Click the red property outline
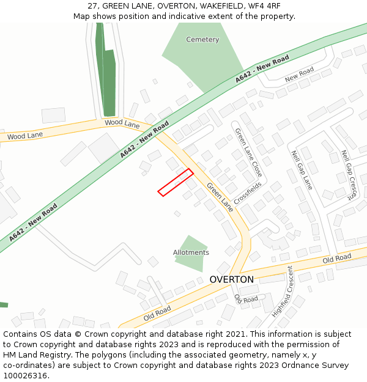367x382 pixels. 176,182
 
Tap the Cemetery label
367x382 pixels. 202,40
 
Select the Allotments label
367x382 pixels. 191,252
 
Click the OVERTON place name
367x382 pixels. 231,279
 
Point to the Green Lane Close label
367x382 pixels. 249,152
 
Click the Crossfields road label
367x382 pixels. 247,193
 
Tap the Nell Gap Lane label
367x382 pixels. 302,170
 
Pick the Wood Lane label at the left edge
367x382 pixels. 25,135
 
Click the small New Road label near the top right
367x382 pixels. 299,74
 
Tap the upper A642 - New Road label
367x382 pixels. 262,70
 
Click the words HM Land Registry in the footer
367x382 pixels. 32,355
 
